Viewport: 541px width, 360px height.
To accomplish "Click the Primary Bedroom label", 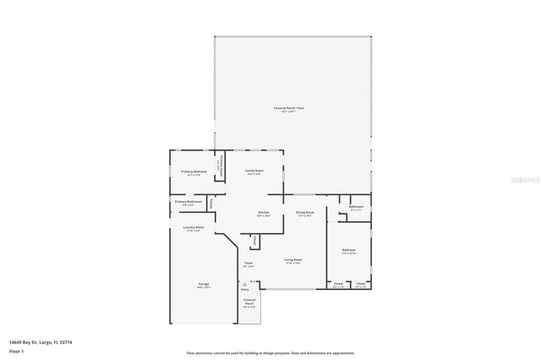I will click(x=194, y=172).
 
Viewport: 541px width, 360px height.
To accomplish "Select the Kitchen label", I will click(x=264, y=212).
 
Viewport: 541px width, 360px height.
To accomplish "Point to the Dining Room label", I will click(x=305, y=212).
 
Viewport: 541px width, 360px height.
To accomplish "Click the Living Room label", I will click(x=293, y=260).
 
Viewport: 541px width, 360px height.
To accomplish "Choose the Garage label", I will click(x=204, y=284).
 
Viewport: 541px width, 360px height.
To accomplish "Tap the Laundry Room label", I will click(x=193, y=227).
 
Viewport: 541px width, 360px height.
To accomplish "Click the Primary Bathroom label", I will click(x=188, y=201).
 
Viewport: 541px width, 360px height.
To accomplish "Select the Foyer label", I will click(x=249, y=264).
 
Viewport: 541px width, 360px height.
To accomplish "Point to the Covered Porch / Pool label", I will click(x=289, y=109).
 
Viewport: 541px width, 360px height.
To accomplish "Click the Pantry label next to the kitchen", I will click(x=210, y=202).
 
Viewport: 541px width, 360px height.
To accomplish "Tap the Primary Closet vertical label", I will click(x=222, y=163).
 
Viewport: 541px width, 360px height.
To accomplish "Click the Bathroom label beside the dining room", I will click(x=357, y=207).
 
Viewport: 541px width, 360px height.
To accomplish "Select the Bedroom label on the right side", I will click(x=348, y=250).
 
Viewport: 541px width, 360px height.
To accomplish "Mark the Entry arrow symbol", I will click(x=245, y=284).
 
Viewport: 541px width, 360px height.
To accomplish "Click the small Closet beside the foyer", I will click(x=254, y=241).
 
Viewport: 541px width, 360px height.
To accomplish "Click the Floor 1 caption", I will click(x=15, y=350).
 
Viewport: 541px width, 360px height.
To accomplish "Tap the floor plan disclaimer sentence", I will click(x=270, y=352).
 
